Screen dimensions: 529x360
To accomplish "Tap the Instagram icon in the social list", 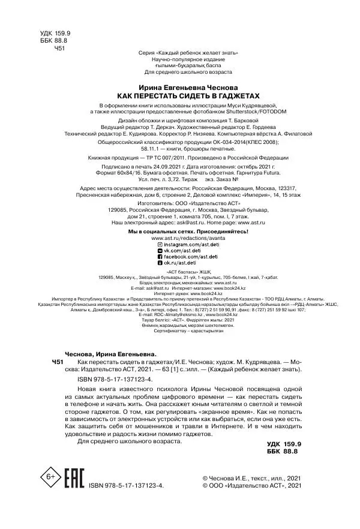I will tap(159, 245).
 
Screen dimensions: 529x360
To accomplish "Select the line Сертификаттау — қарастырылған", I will tap(180, 347).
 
